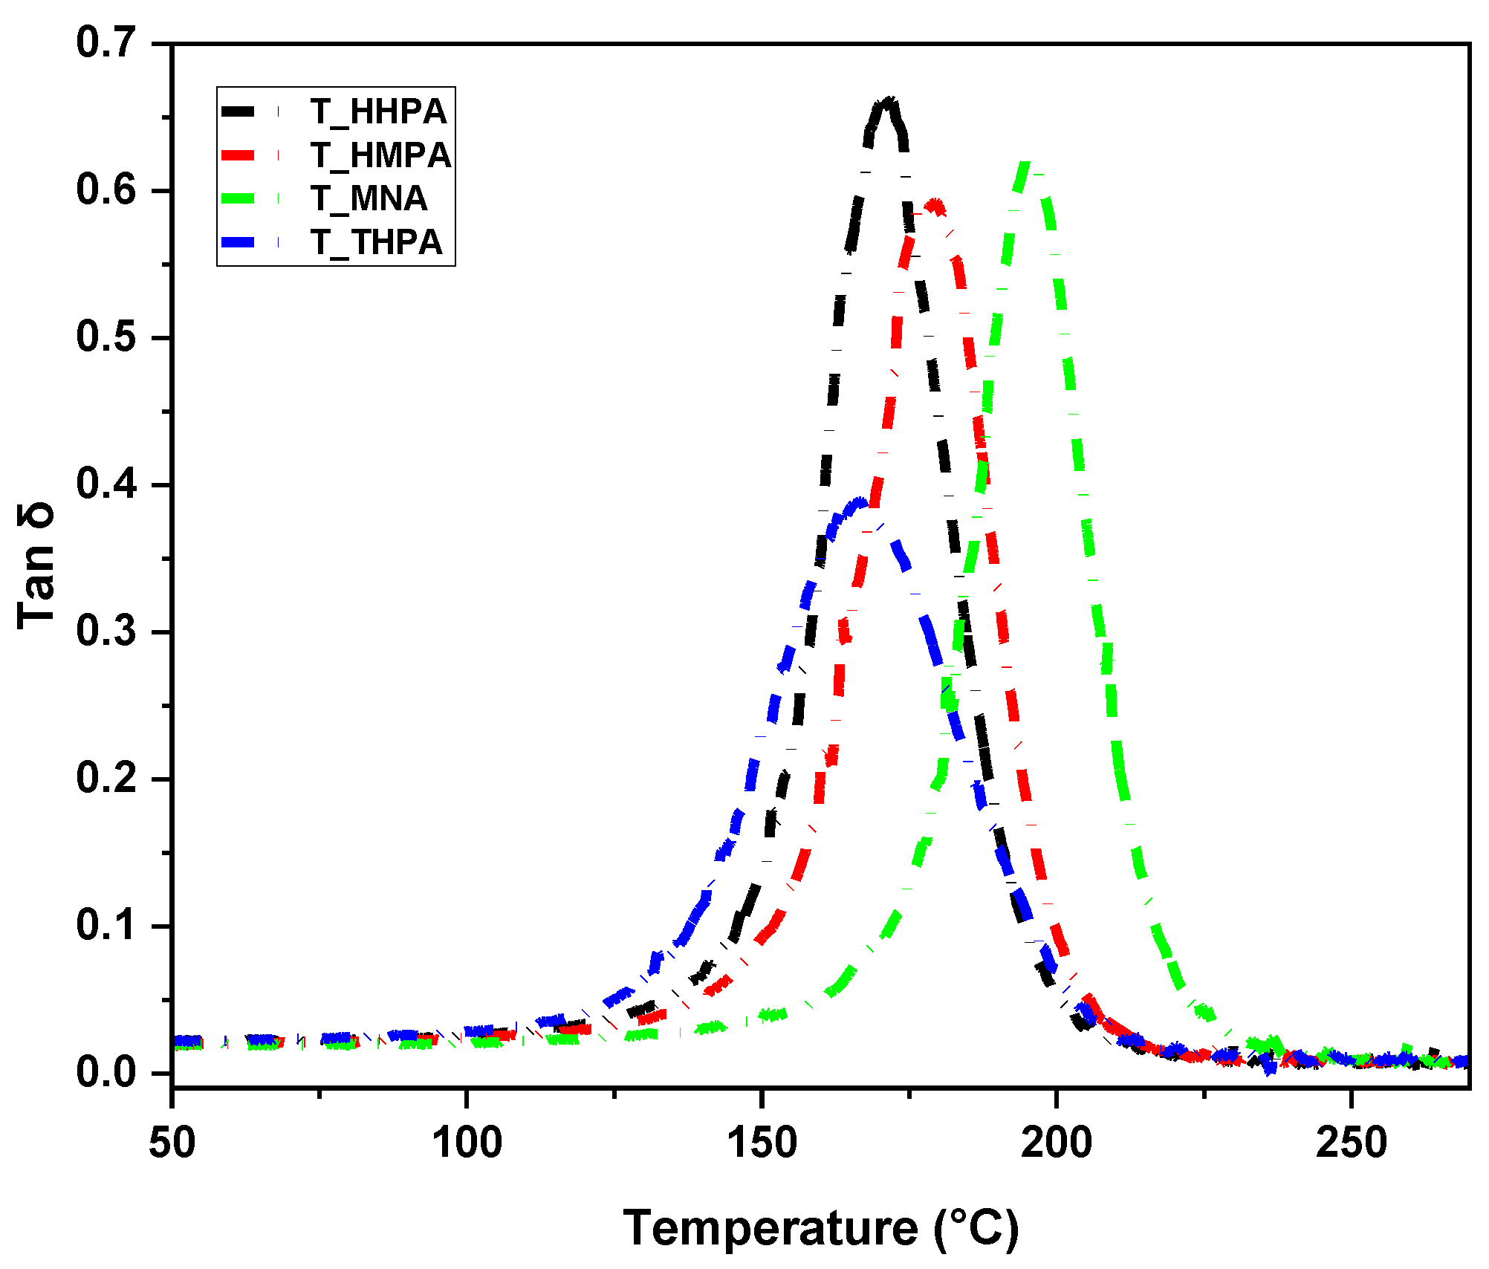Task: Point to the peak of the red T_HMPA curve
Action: pos(935,204)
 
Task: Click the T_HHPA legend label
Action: pos(378,111)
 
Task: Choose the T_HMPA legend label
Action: pos(380,155)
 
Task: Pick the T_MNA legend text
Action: pos(369,198)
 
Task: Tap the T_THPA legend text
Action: pos(376,242)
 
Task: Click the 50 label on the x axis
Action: pos(172,1142)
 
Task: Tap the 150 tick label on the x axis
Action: pos(762,1142)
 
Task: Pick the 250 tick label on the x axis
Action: pos(1351,1142)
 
